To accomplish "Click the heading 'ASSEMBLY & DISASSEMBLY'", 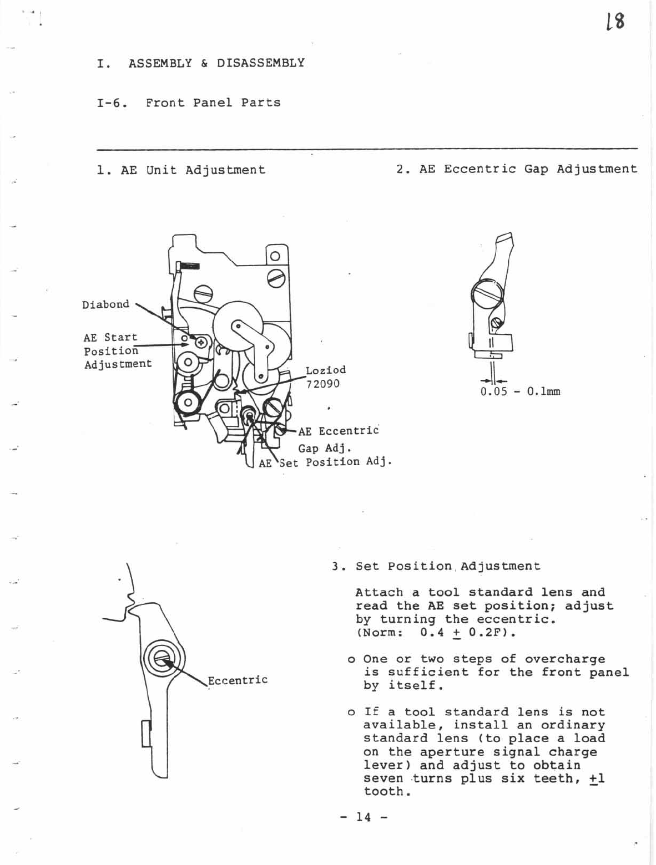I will [216, 63].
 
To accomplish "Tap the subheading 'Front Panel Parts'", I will [213, 103].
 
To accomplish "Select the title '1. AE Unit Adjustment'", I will [181, 170].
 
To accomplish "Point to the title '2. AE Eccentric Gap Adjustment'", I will [517, 169].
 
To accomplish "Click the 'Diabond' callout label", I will [105, 304].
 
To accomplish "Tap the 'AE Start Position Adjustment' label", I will [117, 350].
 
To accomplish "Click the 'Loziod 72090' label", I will [325, 377].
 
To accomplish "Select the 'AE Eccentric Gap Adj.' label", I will [337, 439].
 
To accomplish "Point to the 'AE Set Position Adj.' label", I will [325, 462].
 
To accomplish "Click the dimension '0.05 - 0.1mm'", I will [520, 391].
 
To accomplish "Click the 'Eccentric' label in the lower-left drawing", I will [238, 680].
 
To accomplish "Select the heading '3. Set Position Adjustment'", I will [436, 566].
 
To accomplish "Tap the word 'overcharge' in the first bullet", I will [564, 659].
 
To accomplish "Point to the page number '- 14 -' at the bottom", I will [364, 817].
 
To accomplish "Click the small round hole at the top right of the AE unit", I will [276, 256].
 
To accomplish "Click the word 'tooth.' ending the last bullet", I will [387, 792].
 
